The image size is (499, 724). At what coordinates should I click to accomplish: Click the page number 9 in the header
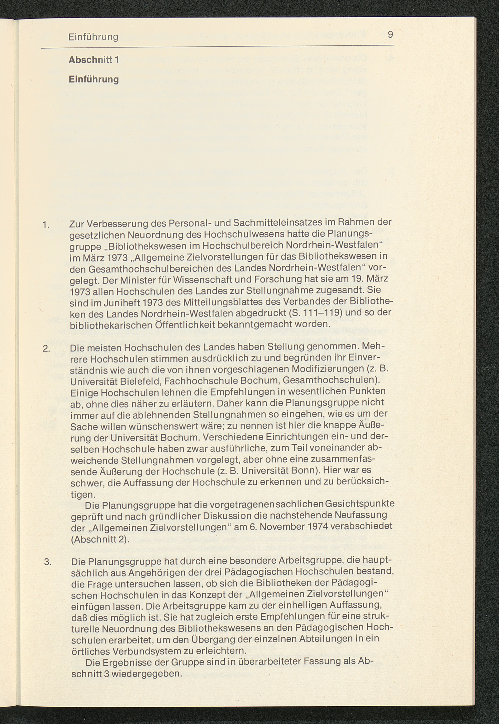(390, 34)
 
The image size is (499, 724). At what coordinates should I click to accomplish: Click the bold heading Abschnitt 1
(93, 60)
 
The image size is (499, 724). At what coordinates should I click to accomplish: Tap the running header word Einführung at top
(93, 37)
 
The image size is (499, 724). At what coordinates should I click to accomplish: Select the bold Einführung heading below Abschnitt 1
(93, 79)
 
